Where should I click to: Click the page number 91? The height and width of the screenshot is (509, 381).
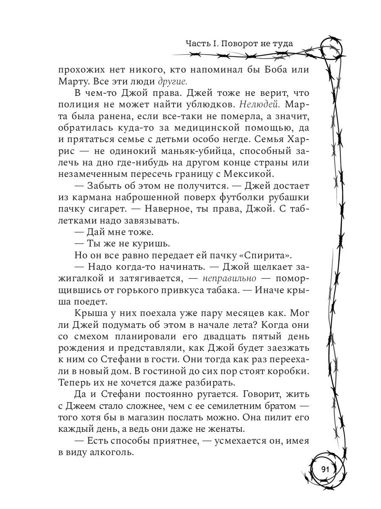325,470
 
